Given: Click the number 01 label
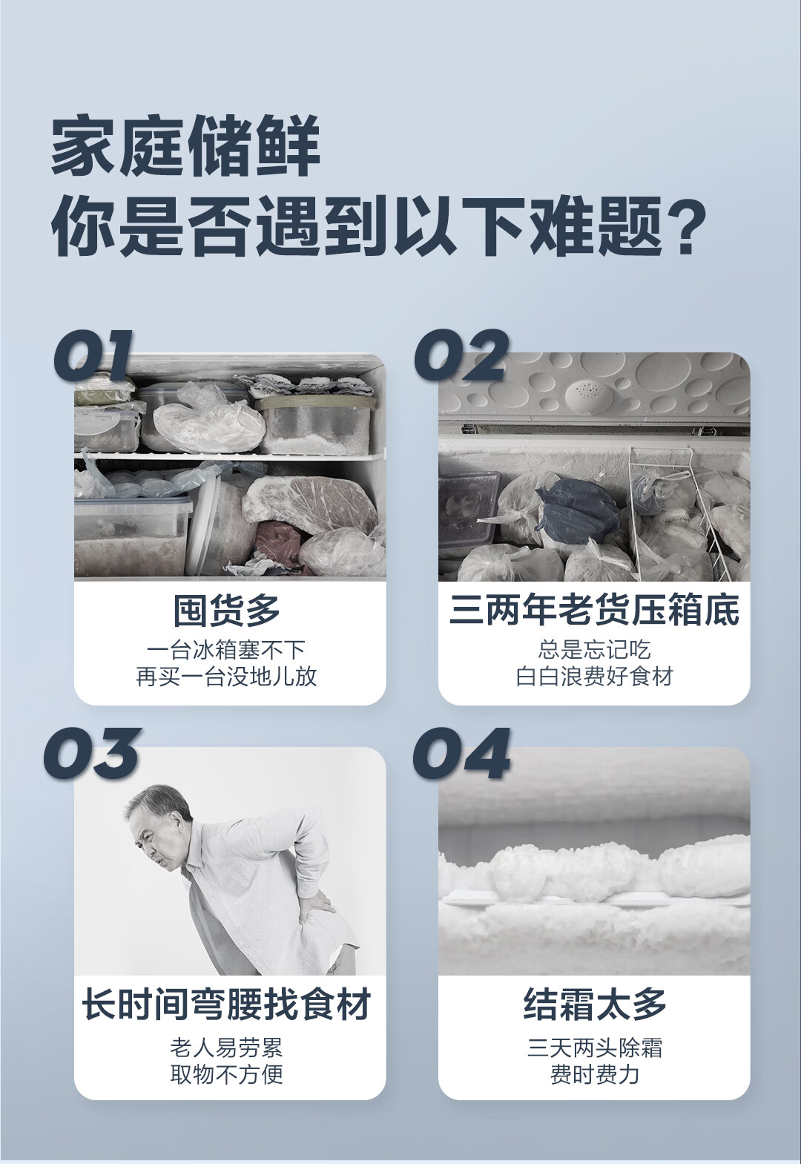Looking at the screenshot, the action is [93, 357].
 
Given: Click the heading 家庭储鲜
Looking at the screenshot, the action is [185, 145].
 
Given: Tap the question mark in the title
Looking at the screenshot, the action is [687, 226].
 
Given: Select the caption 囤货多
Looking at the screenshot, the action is [227, 610].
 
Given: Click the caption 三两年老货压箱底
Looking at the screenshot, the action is [594, 610].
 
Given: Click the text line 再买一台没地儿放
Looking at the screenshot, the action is [227, 677].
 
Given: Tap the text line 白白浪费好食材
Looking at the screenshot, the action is [594, 677].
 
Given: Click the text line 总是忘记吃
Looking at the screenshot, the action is [594, 650].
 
